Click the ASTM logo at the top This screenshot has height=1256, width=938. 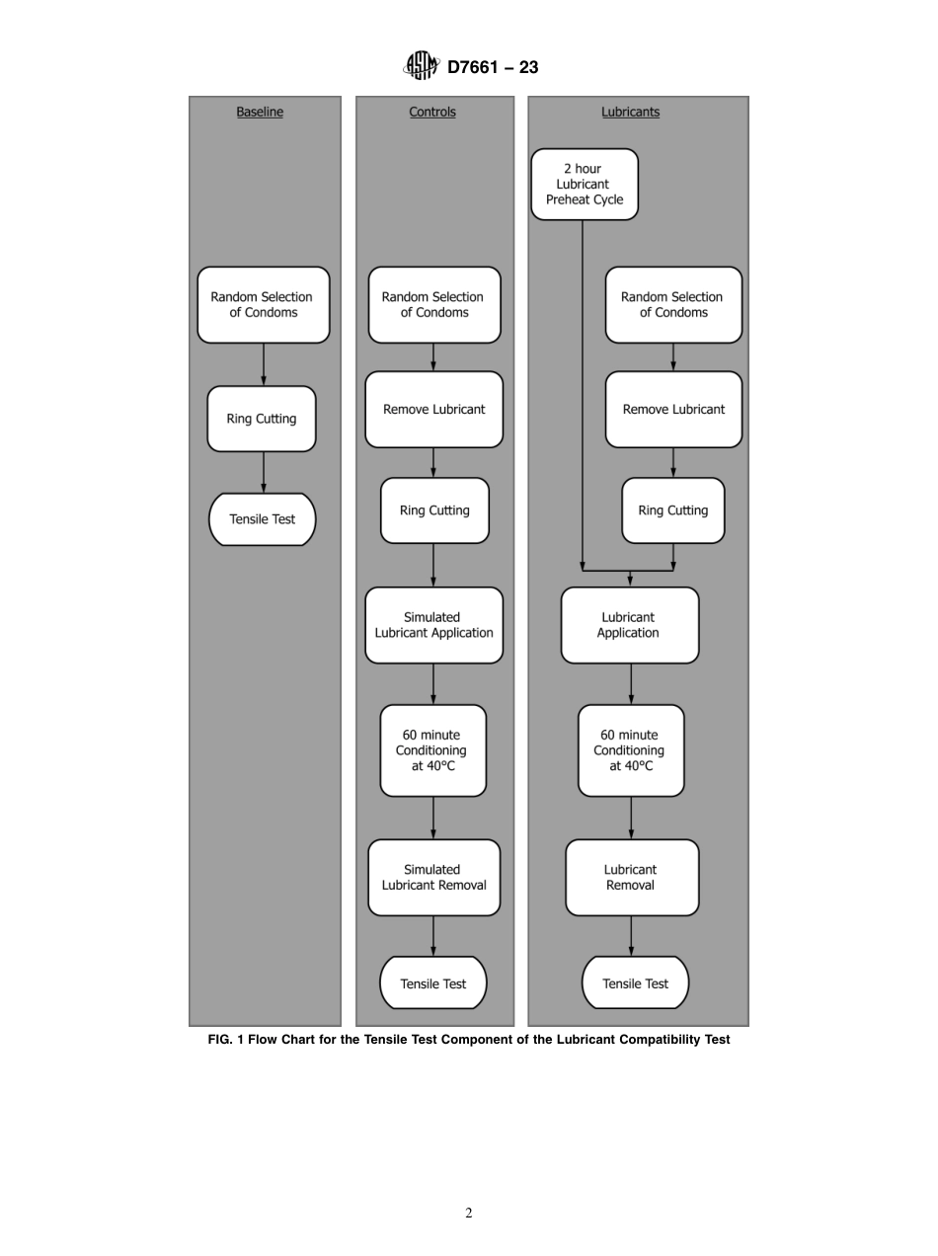point(421,66)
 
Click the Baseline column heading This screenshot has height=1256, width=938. point(260,113)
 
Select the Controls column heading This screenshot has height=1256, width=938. point(432,113)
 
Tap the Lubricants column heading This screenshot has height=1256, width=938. point(630,113)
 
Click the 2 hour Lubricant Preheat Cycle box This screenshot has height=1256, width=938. point(585,185)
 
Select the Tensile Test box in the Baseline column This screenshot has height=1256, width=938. point(263,519)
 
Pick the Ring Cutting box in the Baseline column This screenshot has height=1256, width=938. point(262,419)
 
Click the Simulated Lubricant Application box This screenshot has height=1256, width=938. point(433,625)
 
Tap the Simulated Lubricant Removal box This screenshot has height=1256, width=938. point(433,877)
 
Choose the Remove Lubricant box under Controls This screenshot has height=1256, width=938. point(433,409)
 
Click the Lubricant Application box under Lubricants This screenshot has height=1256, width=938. point(629,625)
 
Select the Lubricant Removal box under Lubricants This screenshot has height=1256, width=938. point(631,877)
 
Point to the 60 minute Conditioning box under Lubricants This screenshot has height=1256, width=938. point(630,750)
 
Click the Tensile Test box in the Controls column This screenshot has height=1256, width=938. point(433,983)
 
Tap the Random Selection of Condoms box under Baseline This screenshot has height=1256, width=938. point(263,304)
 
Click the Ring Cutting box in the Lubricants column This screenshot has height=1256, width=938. point(672,510)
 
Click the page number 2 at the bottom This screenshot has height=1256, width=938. point(469,1214)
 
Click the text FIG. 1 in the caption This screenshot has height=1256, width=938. point(225,1040)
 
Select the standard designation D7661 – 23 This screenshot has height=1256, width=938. point(493,67)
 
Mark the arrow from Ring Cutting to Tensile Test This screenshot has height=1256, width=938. point(263,472)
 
